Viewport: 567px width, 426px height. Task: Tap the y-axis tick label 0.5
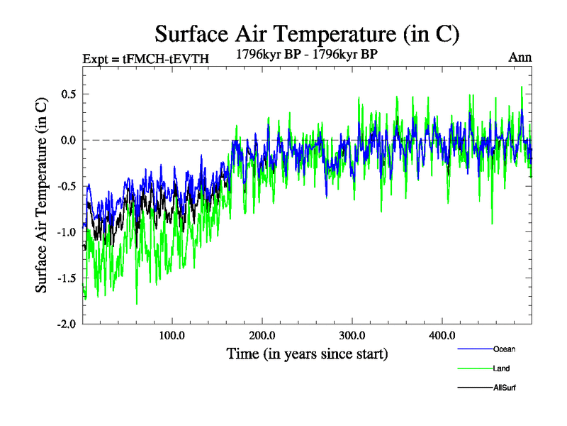click(x=69, y=94)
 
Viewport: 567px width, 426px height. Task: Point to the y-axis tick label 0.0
click(x=69, y=140)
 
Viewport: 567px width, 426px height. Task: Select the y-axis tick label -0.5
click(x=67, y=186)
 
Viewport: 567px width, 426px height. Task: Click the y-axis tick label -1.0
click(x=67, y=231)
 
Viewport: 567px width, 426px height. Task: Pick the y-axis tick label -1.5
click(x=67, y=278)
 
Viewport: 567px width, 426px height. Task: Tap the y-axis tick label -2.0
click(x=67, y=324)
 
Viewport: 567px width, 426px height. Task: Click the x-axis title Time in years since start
click(x=307, y=354)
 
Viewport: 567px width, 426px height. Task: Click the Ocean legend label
click(x=505, y=349)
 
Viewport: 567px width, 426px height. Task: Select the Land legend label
click(x=501, y=368)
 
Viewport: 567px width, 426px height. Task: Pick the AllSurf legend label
click(x=505, y=388)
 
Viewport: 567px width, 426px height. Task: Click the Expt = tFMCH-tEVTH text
click(x=145, y=59)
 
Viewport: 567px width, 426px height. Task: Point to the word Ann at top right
click(x=520, y=57)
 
